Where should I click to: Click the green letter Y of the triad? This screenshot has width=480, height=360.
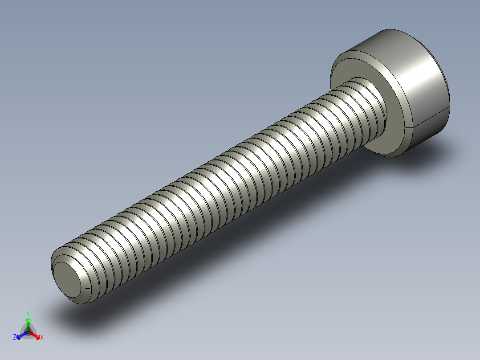(28, 313)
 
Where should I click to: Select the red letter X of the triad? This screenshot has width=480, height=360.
(42, 337)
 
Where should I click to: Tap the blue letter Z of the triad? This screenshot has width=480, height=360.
(15, 337)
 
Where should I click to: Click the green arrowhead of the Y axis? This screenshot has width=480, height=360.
(28, 320)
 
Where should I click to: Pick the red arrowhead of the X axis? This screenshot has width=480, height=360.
(37, 335)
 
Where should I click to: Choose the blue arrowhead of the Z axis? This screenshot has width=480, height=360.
(19, 335)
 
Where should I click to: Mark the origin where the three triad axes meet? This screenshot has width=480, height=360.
(28, 332)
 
